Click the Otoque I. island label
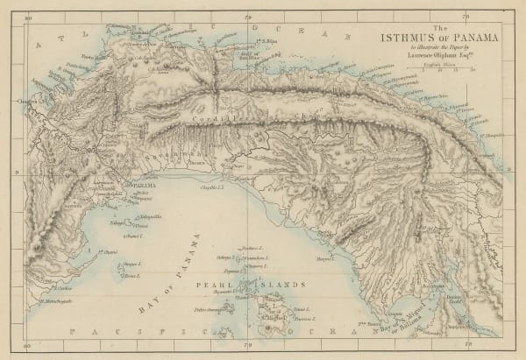(x=131, y=263)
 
